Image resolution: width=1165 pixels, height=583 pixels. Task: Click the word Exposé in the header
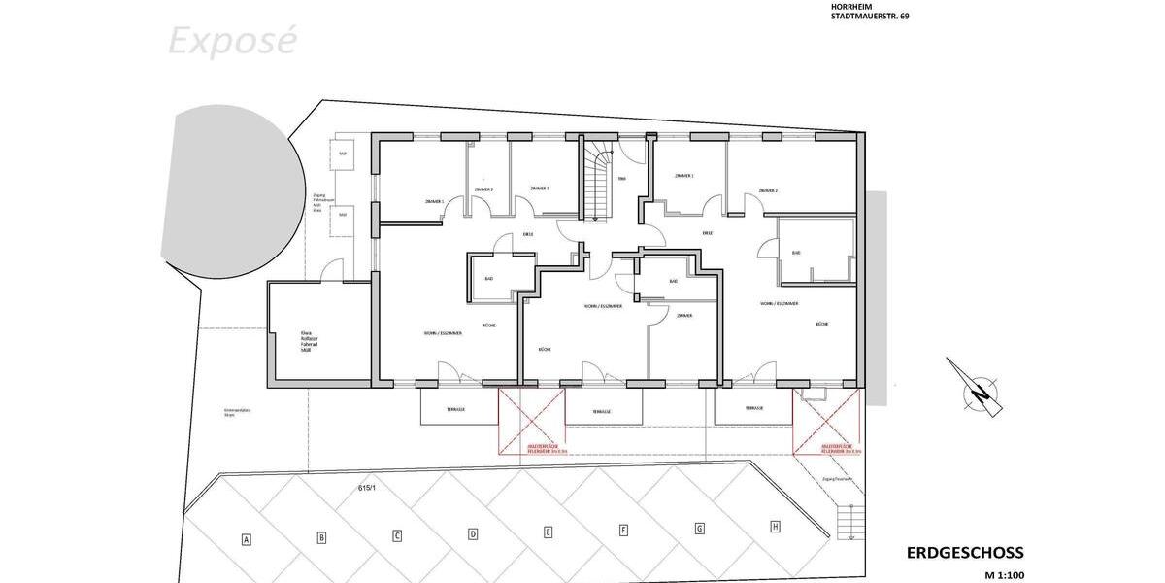pyautogui.click(x=232, y=41)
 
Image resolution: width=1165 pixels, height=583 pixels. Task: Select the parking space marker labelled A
pyautogui.click(x=247, y=539)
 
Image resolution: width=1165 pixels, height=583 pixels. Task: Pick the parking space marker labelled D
pyautogui.click(x=473, y=533)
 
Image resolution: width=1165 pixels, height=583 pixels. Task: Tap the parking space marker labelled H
pyautogui.click(x=775, y=527)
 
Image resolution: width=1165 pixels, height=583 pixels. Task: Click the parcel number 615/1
pyautogui.click(x=367, y=488)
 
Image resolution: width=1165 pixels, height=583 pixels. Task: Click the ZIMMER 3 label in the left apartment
pyautogui.click(x=540, y=189)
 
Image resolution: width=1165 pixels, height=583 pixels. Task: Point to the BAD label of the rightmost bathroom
pyautogui.click(x=796, y=253)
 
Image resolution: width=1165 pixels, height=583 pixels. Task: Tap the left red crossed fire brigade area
pyautogui.click(x=531, y=422)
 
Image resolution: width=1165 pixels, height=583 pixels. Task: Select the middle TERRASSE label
pyautogui.click(x=602, y=412)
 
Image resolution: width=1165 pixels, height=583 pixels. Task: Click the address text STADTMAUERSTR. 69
pyautogui.click(x=870, y=16)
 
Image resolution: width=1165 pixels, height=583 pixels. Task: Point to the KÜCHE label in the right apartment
pyautogui.click(x=822, y=324)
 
